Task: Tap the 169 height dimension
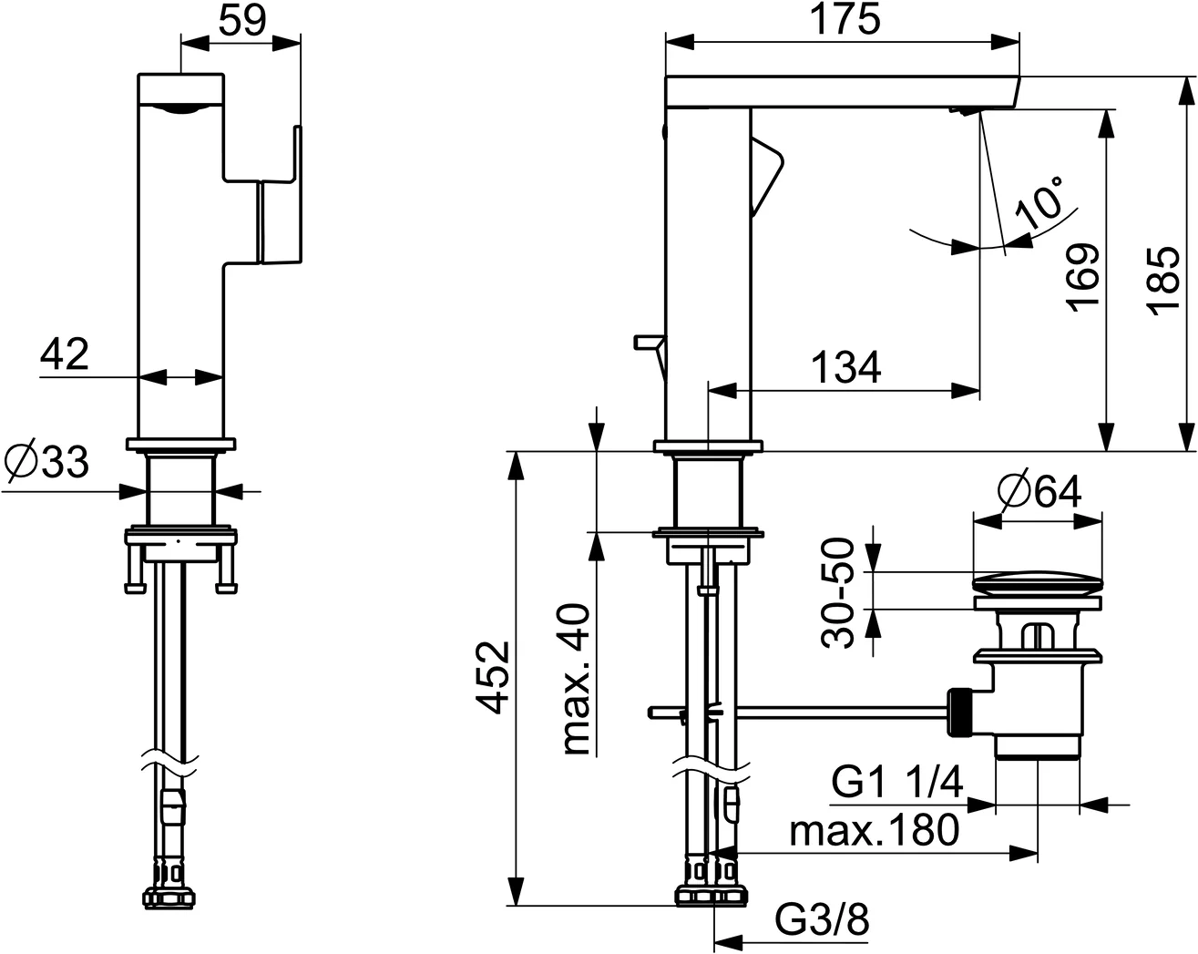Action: point(1083,278)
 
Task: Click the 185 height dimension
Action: point(1165,278)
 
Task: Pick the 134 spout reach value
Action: point(846,367)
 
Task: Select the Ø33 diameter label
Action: point(47,462)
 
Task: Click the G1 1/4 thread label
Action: point(897,783)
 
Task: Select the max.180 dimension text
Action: point(874,830)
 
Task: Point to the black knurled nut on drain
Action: point(959,712)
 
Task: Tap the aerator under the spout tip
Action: point(963,110)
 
